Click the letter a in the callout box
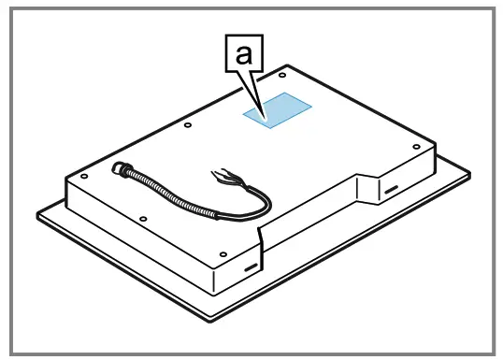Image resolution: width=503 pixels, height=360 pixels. click(241, 57)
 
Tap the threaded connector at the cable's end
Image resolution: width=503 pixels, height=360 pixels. click(119, 169)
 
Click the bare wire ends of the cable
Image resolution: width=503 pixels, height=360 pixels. click(225, 173)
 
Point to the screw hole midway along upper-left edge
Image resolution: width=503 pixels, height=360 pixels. click(188, 123)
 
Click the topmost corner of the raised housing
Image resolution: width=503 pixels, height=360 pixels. click(287, 65)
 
